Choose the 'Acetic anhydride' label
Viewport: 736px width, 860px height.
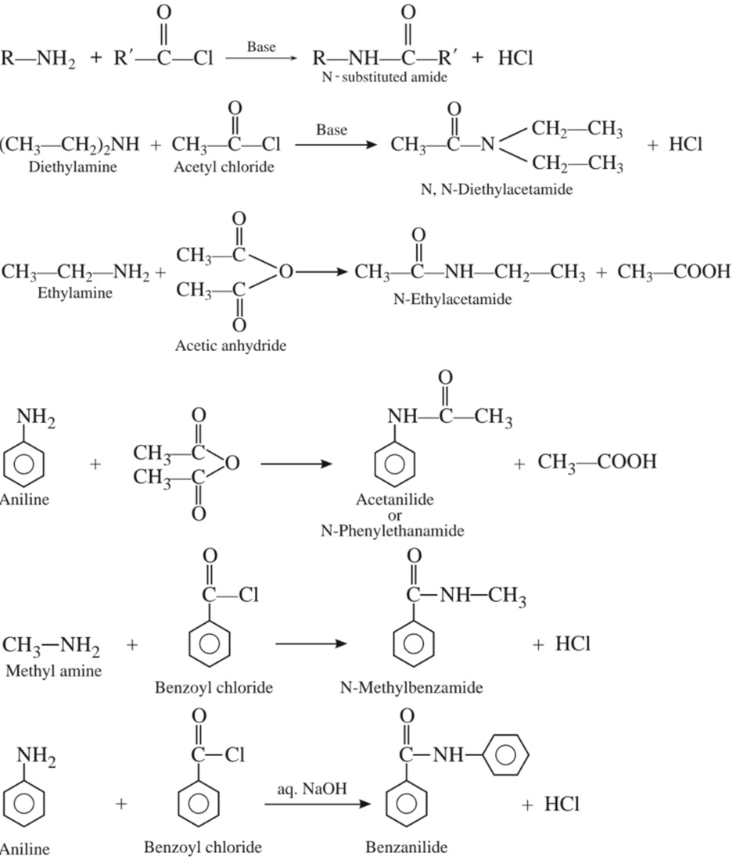pyautogui.click(x=231, y=345)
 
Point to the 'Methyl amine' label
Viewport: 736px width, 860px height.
pyautogui.click(x=53, y=671)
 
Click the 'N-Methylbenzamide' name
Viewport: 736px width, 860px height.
pyautogui.click(x=411, y=688)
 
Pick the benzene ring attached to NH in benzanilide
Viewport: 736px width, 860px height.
pyautogui.click(x=507, y=756)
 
